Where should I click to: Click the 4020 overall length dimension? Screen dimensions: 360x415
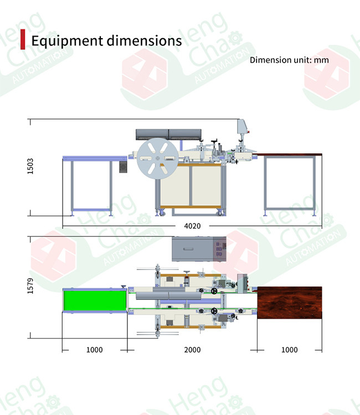point(192,226)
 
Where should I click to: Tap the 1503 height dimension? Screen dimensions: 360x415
point(30,166)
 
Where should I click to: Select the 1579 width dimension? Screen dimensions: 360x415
point(30,286)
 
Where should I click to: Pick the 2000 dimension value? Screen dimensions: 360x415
point(192,350)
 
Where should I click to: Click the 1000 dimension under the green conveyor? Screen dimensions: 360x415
point(95,350)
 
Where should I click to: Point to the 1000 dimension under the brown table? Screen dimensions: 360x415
point(289,350)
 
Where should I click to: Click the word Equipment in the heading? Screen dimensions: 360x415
point(67,41)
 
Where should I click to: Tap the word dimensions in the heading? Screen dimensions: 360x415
point(144,40)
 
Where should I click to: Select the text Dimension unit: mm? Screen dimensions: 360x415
point(289,60)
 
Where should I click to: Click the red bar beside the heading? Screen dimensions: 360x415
point(23,39)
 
